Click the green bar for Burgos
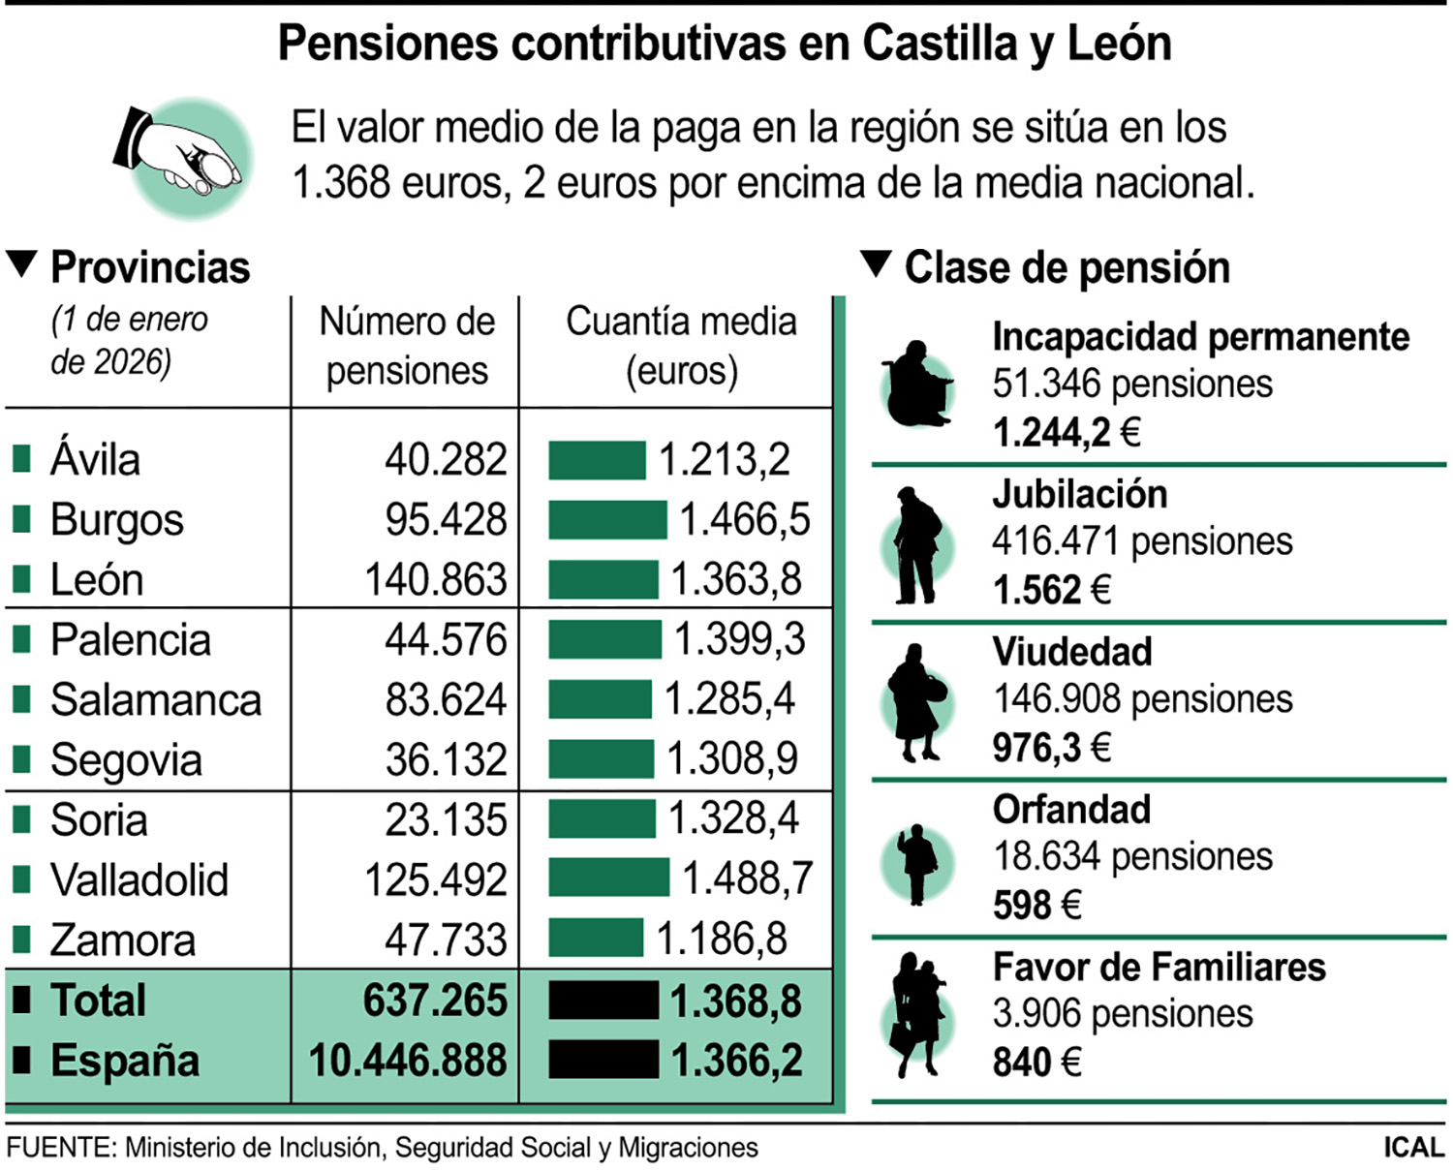click(x=607, y=520)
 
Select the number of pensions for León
click(x=436, y=580)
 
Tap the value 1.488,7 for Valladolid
click(x=747, y=878)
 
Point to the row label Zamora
click(x=123, y=940)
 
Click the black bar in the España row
click(x=603, y=1060)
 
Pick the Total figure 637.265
click(x=435, y=1001)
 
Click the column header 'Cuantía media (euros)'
click(x=681, y=346)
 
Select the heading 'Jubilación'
click(x=1080, y=495)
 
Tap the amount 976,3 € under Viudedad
click(x=1051, y=748)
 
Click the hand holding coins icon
click(x=184, y=157)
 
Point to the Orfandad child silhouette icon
click(x=916, y=864)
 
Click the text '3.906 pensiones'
click(x=1122, y=1014)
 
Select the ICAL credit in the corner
click(x=1413, y=1148)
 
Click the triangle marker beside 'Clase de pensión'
click(x=876, y=264)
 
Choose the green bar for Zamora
click(x=596, y=939)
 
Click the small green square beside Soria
click(x=21, y=819)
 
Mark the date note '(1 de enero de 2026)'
click(x=129, y=340)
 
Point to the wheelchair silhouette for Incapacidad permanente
click(x=917, y=386)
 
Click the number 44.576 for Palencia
click(x=446, y=640)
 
